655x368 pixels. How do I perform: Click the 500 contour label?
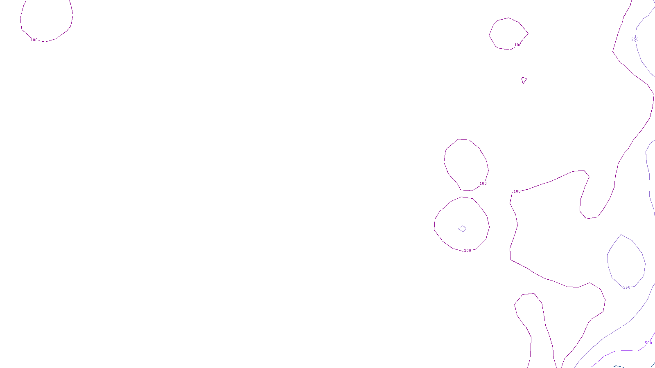tap(648, 343)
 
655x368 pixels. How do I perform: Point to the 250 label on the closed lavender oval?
tap(627, 287)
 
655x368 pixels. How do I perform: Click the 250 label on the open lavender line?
tap(635, 39)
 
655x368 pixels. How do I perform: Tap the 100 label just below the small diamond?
tap(467, 251)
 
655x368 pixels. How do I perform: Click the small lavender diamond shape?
tap(462, 229)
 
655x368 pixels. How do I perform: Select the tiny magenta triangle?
tap(524, 80)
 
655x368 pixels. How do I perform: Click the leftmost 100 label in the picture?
tap(34, 40)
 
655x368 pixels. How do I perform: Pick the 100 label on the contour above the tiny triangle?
tap(518, 45)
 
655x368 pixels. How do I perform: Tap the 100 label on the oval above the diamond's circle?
tap(483, 184)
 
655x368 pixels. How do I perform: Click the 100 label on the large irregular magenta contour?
tap(517, 191)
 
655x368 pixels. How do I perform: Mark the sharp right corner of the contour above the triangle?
tap(528, 33)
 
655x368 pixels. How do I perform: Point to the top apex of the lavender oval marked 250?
tap(621, 235)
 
